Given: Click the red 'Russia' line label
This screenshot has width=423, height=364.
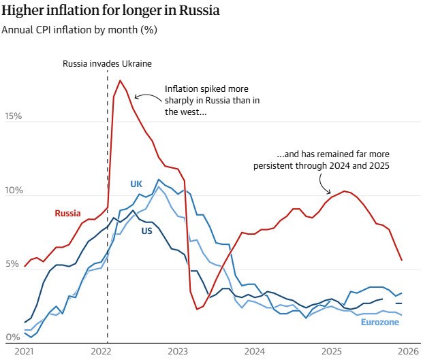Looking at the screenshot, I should pyautogui.click(x=68, y=213).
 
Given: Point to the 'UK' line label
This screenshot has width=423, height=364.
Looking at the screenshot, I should pyautogui.click(x=136, y=184).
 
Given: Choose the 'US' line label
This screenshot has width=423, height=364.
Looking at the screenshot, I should pyautogui.click(x=146, y=231).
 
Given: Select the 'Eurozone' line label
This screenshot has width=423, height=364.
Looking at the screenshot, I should pyautogui.click(x=380, y=321).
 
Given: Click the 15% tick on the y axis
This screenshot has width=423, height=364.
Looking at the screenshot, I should pyautogui.click(x=12, y=116).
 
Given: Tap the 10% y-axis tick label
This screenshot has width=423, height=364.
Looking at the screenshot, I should pyautogui.click(x=12, y=190).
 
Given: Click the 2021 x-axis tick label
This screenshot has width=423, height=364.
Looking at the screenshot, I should pyautogui.click(x=24, y=352).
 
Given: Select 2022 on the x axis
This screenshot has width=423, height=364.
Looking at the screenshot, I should pyautogui.click(x=101, y=352).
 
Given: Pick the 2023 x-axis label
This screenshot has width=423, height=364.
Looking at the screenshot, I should pyautogui.click(x=178, y=352).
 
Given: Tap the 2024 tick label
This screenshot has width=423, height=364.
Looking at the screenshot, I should pyautogui.click(x=255, y=352).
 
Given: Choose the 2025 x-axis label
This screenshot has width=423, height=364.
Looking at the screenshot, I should pyautogui.click(x=332, y=352).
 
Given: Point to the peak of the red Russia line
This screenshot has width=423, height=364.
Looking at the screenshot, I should pyautogui.click(x=120, y=80).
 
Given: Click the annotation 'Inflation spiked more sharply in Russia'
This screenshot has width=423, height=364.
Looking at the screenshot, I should pyautogui.click(x=206, y=89).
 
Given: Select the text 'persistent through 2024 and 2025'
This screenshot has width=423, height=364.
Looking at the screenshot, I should pyautogui.click(x=321, y=165).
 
